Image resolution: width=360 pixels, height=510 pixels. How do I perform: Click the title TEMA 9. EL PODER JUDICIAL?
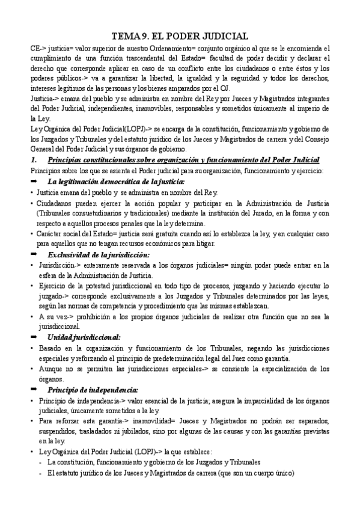tap(180, 35)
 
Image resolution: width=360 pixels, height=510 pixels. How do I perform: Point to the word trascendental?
tap(149, 58)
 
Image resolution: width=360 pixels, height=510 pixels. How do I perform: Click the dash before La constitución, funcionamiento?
tap(40, 462)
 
